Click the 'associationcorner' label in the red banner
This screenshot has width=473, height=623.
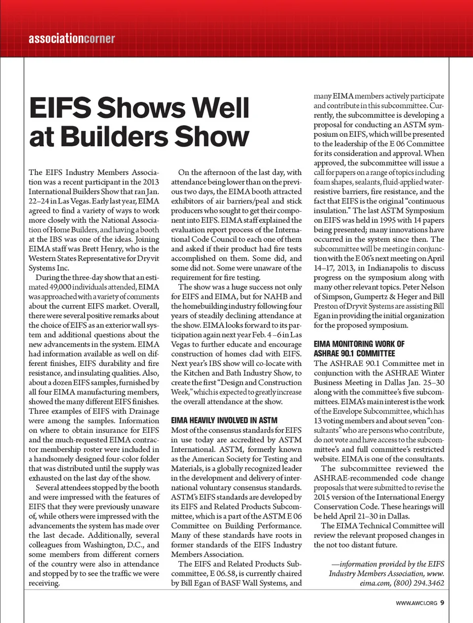coord(71,38)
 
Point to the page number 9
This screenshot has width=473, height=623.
coord(442,602)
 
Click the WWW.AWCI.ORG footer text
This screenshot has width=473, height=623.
coord(416,603)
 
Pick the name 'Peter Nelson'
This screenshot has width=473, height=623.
coord(425,287)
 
